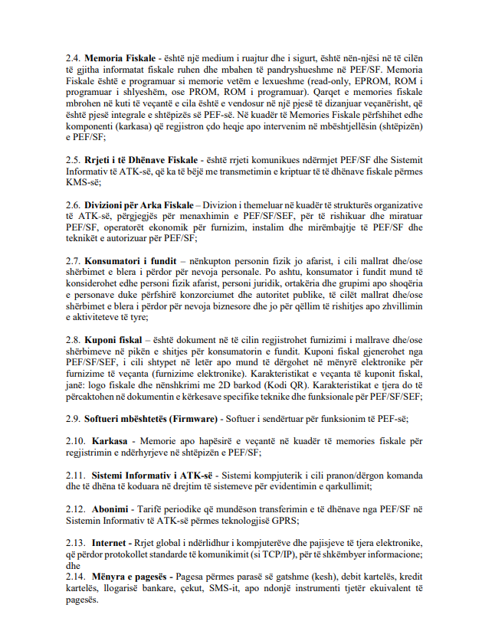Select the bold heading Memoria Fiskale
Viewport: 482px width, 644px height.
click(121, 57)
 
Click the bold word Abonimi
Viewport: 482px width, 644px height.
click(114, 509)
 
